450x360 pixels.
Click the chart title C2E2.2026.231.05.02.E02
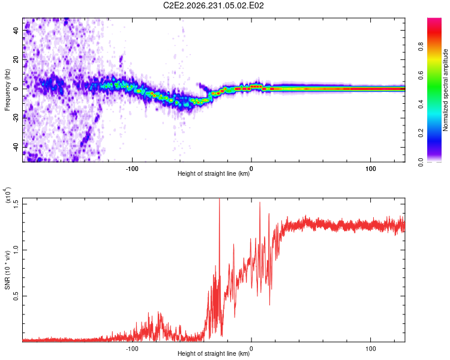[x=213, y=5]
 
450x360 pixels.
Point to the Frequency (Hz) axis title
[x=7, y=89]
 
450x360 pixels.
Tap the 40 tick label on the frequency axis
[x=16, y=31]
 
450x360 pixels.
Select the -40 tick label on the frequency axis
[x=16, y=148]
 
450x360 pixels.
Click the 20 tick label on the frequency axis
[x=16, y=60]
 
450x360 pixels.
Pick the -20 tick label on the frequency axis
[x=16, y=118]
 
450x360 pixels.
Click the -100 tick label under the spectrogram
[x=132, y=169]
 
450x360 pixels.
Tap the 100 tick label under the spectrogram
[x=371, y=169]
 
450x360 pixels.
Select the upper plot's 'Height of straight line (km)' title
[x=214, y=173]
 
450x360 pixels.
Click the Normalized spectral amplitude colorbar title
[x=445, y=90]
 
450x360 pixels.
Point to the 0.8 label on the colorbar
[x=421, y=47]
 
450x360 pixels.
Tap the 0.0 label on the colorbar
[x=421, y=162]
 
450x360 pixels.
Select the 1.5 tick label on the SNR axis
[x=16, y=205]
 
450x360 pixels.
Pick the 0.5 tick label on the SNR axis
[x=16, y=296]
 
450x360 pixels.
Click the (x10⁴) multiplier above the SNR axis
[x=7, y=195]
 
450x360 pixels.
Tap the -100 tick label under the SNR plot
[x=132, y=349]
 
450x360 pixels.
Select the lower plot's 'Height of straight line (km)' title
[x=214, y=353]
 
